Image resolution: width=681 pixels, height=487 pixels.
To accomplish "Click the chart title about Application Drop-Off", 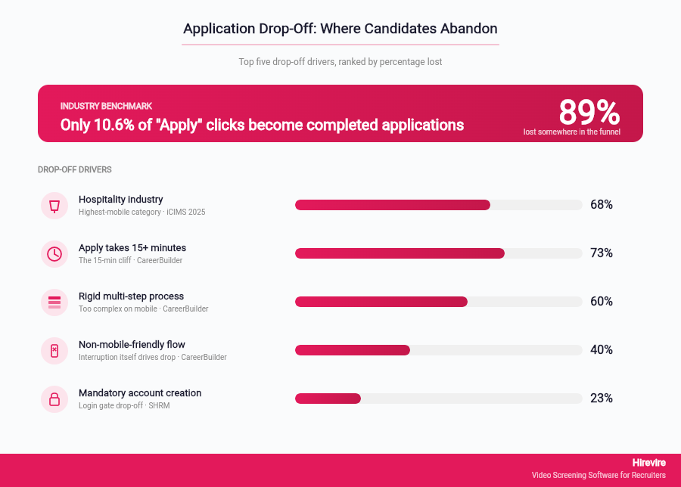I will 340,29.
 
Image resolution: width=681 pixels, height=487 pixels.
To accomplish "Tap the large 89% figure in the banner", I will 589,113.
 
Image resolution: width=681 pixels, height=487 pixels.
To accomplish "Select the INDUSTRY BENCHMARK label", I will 106,107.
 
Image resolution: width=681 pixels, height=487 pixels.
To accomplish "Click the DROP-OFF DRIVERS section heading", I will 75,170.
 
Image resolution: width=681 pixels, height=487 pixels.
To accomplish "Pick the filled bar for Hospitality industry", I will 393,205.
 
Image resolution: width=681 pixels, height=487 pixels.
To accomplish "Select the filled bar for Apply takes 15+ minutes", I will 400,253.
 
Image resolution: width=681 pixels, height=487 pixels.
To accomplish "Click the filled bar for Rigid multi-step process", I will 381,302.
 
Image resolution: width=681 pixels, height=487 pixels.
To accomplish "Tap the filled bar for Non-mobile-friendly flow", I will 353,350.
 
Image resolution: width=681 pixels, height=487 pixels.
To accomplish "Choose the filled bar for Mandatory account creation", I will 328,399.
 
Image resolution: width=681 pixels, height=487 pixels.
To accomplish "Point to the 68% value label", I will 602,205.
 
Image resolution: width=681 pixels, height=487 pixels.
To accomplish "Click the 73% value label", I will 602,253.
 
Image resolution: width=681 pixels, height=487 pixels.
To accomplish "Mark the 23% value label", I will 602,399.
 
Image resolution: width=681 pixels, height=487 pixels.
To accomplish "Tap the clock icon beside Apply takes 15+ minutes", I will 54,254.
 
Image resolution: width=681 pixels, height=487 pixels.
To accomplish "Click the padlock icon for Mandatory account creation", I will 54,399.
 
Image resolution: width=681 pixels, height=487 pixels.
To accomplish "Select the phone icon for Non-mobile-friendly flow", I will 54,351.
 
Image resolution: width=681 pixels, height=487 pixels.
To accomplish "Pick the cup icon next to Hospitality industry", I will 54,206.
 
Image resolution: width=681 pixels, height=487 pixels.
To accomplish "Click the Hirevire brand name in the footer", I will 649,462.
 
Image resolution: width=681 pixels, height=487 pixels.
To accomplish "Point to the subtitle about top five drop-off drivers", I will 340,62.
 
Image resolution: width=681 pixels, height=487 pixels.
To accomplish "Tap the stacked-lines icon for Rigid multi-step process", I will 54,302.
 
